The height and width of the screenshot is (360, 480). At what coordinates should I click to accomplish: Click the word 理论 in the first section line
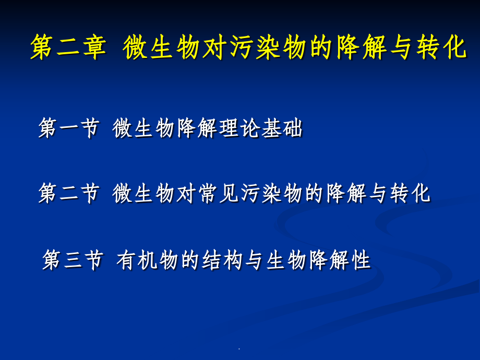239,128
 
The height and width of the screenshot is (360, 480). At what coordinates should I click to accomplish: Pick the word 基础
282,128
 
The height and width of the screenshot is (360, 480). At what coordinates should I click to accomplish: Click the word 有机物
148,260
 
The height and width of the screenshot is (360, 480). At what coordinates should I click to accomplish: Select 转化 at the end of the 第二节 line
410,194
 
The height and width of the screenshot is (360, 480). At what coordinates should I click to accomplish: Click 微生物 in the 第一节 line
145,128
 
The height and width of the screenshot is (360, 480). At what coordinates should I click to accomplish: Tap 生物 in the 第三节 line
287,260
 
